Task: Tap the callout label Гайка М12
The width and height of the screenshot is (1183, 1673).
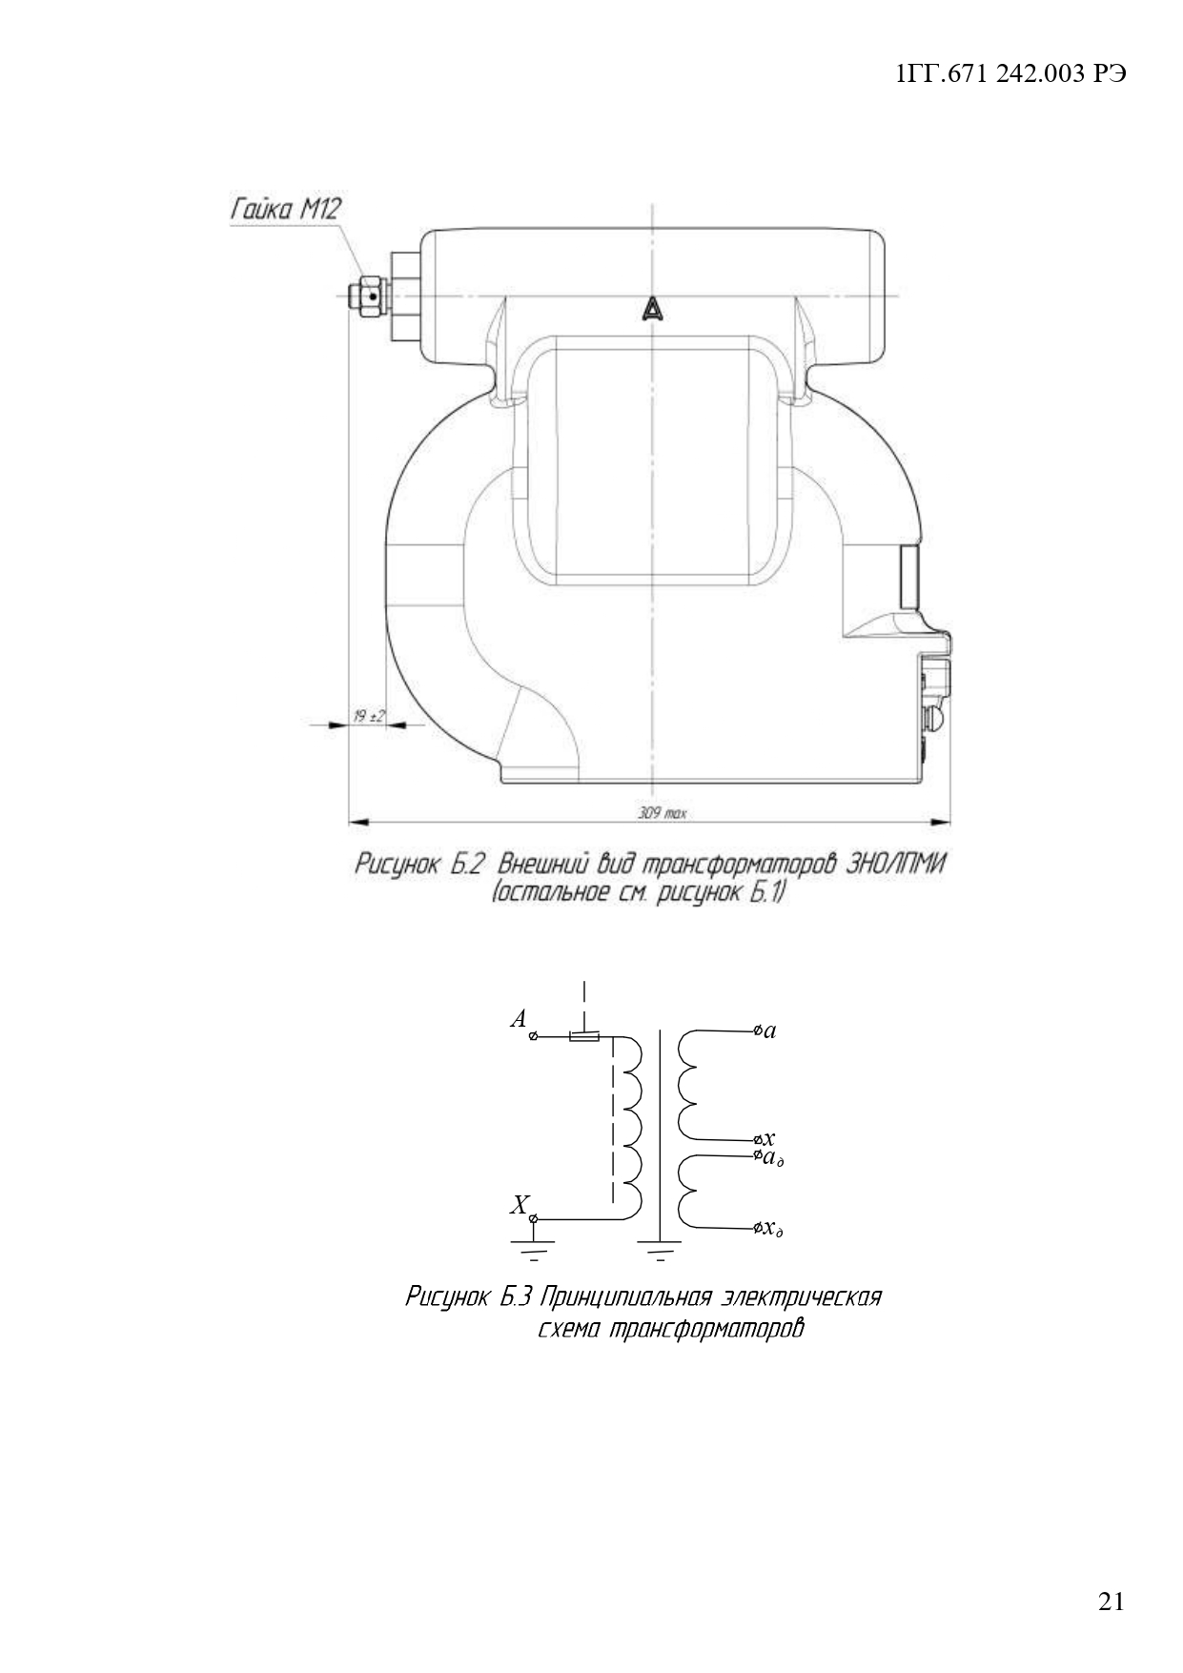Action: coord(285,210)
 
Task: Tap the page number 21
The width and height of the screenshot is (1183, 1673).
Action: coord(1112,1602)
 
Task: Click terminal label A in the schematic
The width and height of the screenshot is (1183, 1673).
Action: coord(519,1019)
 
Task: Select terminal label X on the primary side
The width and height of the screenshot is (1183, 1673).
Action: coord(519,1206)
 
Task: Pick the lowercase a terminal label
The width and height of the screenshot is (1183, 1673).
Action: coord(770,1030)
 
